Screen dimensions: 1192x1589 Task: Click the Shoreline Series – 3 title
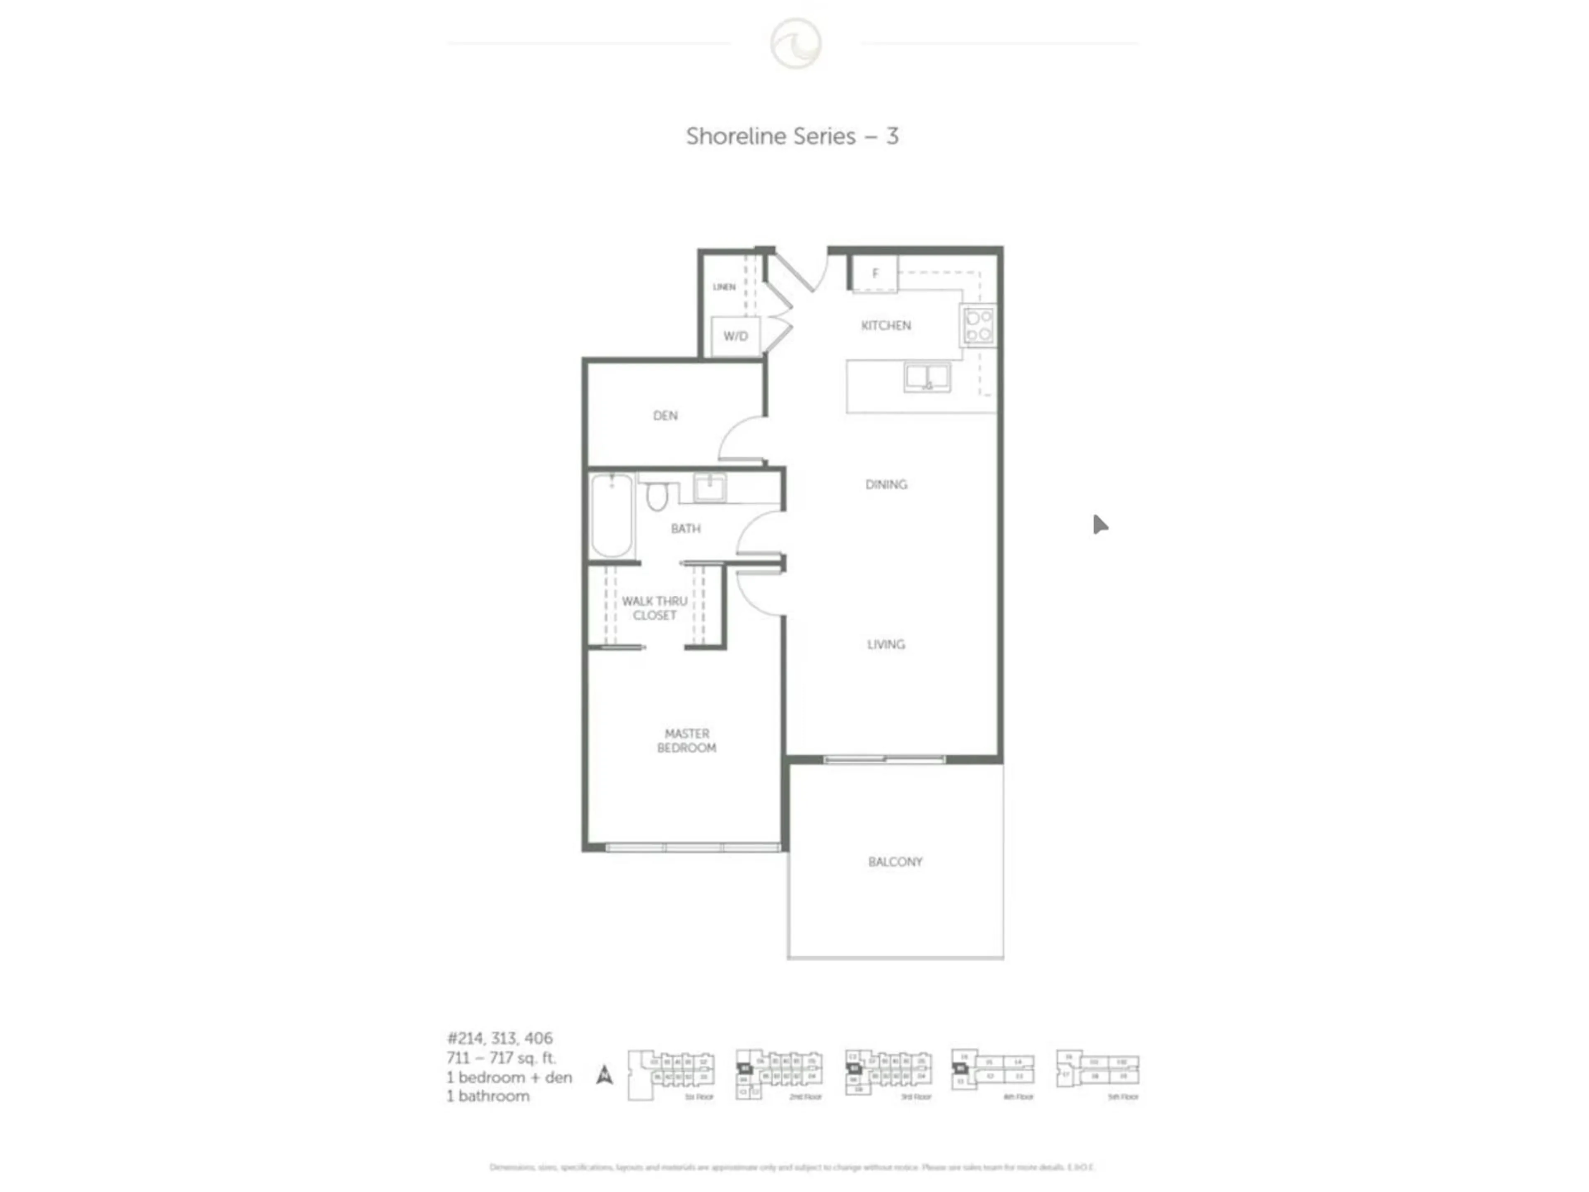pyautogui.click(x=792, y=137)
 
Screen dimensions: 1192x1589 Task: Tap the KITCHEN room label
pyautogui.click(x=886, y=325)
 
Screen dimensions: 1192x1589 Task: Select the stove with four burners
pyautogui.click(x=978, y=325)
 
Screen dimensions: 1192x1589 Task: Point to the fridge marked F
pyautogui.click(x=875, y=274)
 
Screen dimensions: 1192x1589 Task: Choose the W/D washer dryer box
pyautogui.click(x=736, y=336)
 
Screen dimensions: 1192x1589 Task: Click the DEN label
pyautogui.click(x=665, y=415)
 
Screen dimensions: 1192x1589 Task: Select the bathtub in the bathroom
pyautogui.click(x=612, y=515)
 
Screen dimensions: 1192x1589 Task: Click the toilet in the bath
pyautogui.click(x=657, y=496)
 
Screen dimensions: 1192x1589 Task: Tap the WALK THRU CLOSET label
pyautogui.click(x=654, y=608)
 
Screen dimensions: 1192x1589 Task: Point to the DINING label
pyautogui.click(x=886, y=484)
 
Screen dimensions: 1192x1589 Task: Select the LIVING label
pyautogui.click(x=886, y=644)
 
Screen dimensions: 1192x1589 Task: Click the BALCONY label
pyautogui.click(x=895, y=861)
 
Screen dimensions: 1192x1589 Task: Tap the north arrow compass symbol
pyautogui.click(x=605, y=1075)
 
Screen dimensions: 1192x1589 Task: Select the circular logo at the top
pyautogui.click(x=796, y=43)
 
